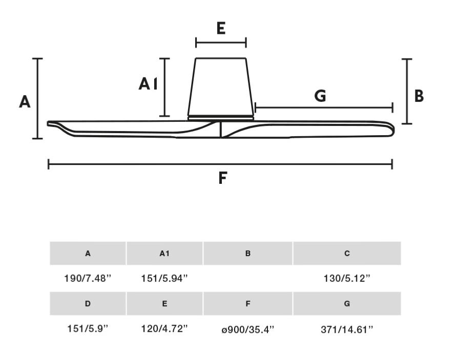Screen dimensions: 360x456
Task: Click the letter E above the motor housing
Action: (221, 28)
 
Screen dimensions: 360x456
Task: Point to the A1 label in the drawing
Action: (148, 83)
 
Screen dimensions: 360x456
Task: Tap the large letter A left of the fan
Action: (25, 102)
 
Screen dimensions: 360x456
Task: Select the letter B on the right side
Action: (419, 96)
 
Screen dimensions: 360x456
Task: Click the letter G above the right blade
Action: (320, 96)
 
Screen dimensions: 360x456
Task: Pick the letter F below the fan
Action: (222, 178)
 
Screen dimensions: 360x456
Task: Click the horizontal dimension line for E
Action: (221, 43)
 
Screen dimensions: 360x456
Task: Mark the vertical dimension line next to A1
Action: (165, 87)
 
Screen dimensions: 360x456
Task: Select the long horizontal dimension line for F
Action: (220, 164)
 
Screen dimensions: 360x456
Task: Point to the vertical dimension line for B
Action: (407, 91)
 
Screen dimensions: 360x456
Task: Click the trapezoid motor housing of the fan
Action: (221, 87)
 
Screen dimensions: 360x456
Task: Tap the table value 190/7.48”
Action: (88, 279)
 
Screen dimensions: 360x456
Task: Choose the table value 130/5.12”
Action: (347, 279)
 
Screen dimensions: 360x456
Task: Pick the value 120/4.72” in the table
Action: (164, 329)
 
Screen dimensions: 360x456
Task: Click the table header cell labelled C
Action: (347, 253)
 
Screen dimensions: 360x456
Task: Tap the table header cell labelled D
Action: (88, 304)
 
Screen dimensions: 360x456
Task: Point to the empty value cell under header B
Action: (248, 279)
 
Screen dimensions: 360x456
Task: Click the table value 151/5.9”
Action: (88, 329)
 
